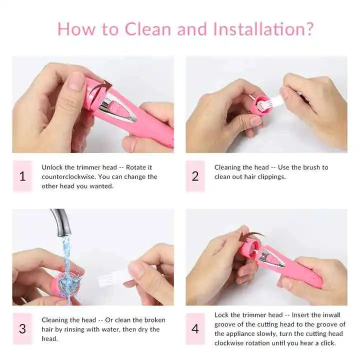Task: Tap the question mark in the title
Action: [308, 28]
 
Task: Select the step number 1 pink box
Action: [22, 176]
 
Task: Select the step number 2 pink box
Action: [195, 176]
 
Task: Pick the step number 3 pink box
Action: [22, 329]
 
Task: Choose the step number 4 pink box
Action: [195, 329]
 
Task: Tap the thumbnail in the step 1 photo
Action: [76, 81]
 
